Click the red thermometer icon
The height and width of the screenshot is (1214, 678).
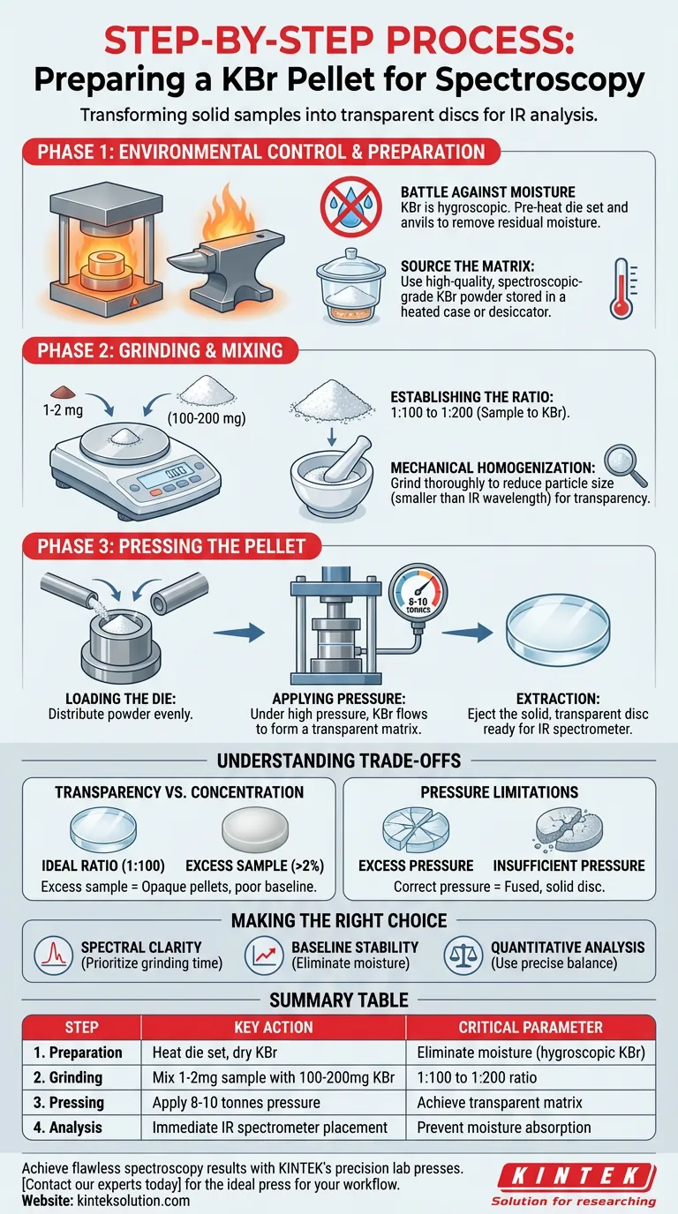[622, 289]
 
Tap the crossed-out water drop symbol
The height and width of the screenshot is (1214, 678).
[351, 206]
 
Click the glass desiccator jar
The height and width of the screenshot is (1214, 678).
[351, 287]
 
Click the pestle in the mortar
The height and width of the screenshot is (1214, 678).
[348, 459]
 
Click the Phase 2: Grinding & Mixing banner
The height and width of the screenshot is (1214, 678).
[161, 350]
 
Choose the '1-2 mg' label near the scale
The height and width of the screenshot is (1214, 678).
[63, 410]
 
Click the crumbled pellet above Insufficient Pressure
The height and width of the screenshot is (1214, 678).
[569, 829]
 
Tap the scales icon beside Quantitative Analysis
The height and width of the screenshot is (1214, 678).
[463, 955]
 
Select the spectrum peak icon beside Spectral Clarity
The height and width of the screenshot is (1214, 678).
[53, 955]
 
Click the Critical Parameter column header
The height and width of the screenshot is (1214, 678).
[531, 1027]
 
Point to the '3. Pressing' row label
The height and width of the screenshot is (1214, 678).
[68, 1102]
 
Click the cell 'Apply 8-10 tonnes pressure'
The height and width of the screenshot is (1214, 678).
[236, 1102]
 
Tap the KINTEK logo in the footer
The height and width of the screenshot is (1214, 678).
[575, 1183]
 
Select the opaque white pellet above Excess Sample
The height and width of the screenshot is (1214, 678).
[255, 829]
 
